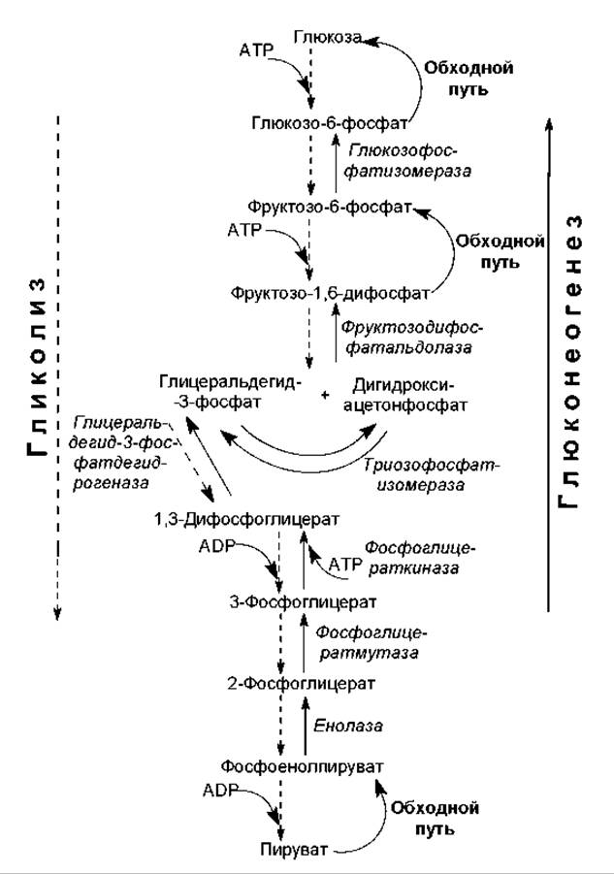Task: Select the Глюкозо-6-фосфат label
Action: (328, 122)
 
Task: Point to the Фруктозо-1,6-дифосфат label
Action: (331, 291)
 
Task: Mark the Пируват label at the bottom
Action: (290, 850)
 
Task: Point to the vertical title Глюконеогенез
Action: (574, 359)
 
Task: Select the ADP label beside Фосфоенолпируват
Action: (220, 792)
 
